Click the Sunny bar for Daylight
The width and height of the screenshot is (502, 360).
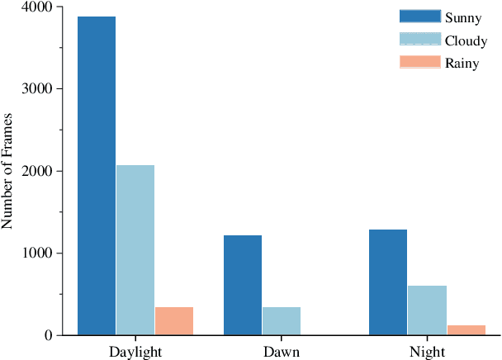click(x=96, y=176)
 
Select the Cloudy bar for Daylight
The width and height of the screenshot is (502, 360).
click(x=135, y=250)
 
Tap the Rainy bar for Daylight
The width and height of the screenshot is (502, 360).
click(x=174, y=321)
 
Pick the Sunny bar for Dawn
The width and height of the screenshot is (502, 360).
click(x=242, y=285)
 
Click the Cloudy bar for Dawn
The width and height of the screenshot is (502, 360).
click(x=282, y=321)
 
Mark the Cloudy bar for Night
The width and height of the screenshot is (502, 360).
click(x=427, y=310)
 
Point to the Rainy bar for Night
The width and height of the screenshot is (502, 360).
click(x=466, y=330)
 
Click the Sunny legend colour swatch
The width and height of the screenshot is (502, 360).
click(x=419, y=17)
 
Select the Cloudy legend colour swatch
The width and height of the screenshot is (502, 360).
click(x=419, y=40)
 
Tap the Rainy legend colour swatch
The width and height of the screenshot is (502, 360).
click(x=419, y=63)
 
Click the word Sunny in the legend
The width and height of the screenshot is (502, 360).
click(x=463, y=17)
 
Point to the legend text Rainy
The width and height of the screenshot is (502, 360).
click(x=462, y=64)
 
